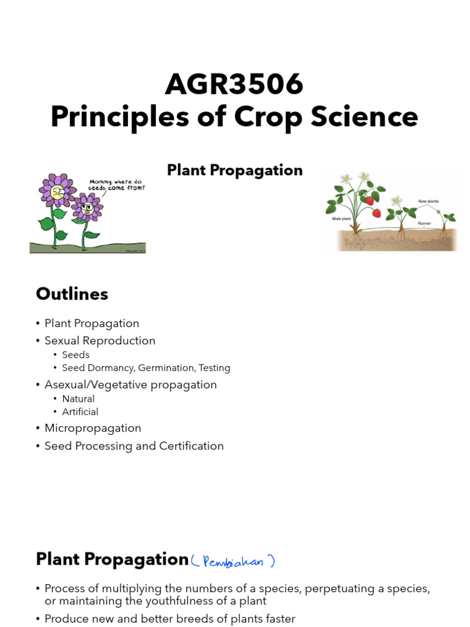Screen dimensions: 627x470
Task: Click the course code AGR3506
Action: [234, 84]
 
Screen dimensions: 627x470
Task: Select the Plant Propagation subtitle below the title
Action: [234, 170]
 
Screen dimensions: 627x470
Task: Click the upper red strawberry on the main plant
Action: [369, 201]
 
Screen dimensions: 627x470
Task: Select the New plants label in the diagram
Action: [428, 201]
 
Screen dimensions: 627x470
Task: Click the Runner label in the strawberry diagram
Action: [425, 223]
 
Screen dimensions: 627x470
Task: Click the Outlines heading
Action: [72, 294]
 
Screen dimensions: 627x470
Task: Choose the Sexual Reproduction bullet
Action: [100, 340]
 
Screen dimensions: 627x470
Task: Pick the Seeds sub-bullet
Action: [76, 355]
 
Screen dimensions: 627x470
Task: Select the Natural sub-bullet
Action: [78, 399]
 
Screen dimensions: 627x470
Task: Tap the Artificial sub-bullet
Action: [80, 411]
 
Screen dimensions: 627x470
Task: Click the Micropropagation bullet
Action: [92, 428]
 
